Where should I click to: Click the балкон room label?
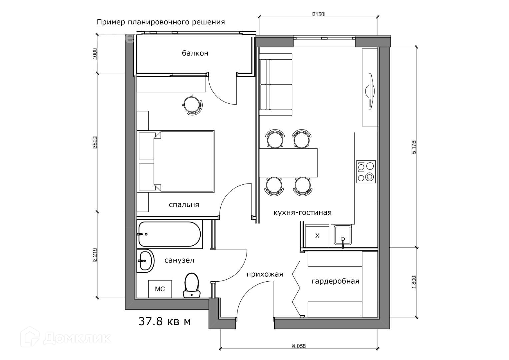195,53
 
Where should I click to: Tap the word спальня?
184,205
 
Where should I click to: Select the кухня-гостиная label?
302,213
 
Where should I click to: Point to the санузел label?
179,260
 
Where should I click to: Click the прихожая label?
265,274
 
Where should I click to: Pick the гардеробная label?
335,281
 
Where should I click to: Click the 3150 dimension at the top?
318,14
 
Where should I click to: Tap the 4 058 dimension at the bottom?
299,346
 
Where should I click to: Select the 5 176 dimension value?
414,147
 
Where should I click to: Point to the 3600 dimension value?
95,143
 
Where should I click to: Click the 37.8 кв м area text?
165,322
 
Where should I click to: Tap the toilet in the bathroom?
192,285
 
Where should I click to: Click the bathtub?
170,234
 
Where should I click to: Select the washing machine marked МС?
160,289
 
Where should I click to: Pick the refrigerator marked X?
317,236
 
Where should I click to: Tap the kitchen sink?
343,236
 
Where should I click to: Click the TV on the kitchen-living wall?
370,91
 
